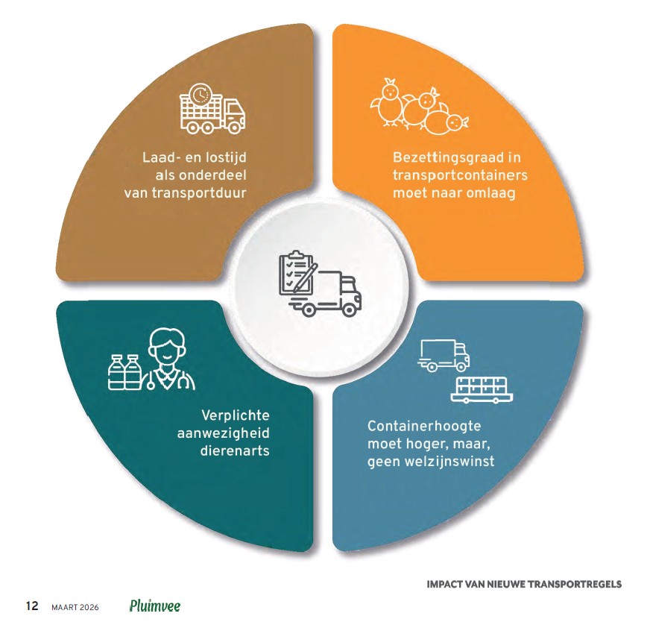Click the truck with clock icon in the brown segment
(x=212, y=110)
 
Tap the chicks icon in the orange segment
(x=420, y=107)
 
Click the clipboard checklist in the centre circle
(x=297, y=271)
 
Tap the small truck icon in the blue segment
(x=444, y=355)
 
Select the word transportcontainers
(x=461, y=175)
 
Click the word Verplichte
(x=235, y=415)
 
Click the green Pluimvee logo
(x=154, y=606)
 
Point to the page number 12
(x=32, y=606)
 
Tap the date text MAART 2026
(x=75, y=606)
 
